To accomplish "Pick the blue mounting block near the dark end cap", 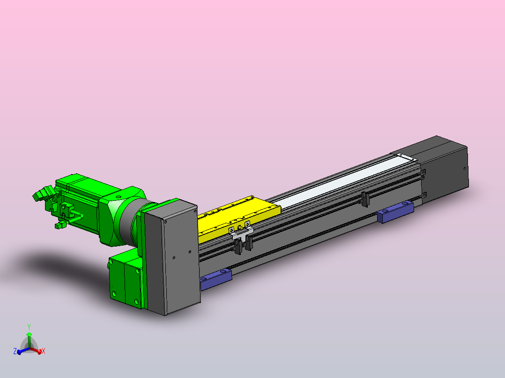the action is click(395, 211).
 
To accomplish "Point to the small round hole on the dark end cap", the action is click(464, 168).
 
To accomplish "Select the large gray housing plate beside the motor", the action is click(171, 257).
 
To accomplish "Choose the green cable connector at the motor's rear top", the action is click(43, 194).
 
